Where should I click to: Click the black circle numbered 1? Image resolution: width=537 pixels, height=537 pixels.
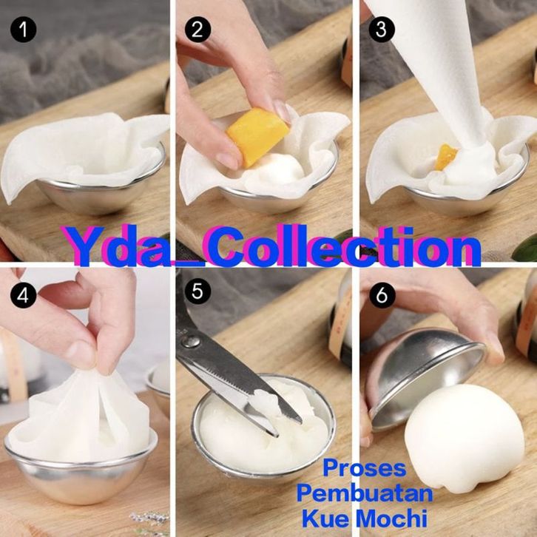coord(23,30)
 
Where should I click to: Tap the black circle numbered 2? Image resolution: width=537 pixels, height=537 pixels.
coord(197,30)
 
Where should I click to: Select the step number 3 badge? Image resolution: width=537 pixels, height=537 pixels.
coord(382,30)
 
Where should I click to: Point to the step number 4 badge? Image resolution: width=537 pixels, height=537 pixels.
coord(23,295)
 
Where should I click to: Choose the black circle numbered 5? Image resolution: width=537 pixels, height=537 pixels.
coord(197,291)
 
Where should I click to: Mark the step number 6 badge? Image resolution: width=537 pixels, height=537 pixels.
coord(382,295)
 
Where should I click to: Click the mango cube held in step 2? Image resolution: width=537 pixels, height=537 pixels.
coord(257,136)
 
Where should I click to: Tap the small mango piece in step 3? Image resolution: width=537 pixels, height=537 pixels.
coord(445,158)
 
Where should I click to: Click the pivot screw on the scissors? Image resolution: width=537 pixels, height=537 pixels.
coord(191,342)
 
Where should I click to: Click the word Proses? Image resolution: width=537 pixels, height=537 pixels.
coord(365,467)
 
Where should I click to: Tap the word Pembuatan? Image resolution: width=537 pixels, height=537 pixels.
coord(365,493)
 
